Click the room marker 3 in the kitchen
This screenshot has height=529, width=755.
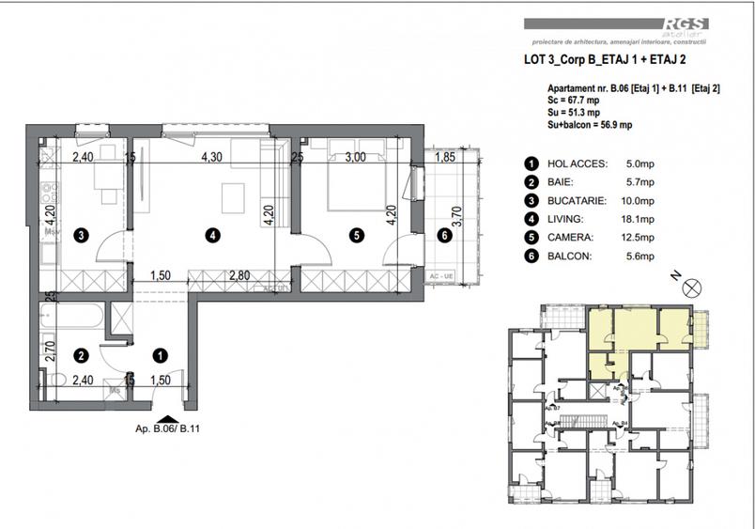coord(83,235)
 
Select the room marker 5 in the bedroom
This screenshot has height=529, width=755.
coord(356,236)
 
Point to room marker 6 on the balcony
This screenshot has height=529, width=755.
coord(444,235)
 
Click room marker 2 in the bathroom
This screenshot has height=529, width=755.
coord(83,356)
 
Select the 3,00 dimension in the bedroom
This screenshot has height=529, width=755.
coord(355,158)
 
